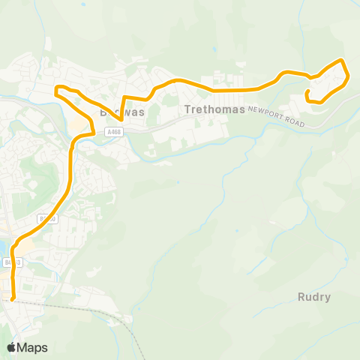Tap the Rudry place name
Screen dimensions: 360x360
pyautogui.click(x=313, y=296)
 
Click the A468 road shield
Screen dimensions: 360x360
pyautogui.click(x=114, y=132)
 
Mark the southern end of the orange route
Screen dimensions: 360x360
pyautogui.click(x=13, y=299)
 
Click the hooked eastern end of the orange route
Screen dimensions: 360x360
pyautogui.click(x=307, y=92)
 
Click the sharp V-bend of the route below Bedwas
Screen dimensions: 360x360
pyautogui.click(x=121, y=119)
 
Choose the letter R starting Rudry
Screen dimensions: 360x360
pyautogui.click(x=300, y=296)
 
